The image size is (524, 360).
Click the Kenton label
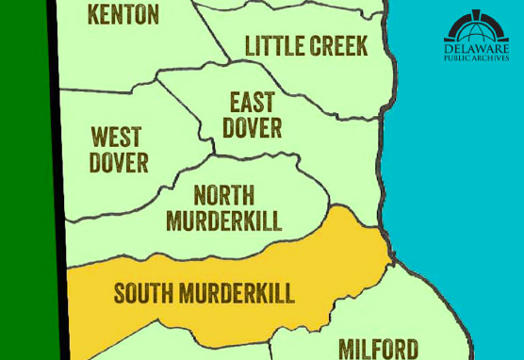point(123,15)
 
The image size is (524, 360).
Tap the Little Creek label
point(306,45)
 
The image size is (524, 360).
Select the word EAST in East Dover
point(253,103)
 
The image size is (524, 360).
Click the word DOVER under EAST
point(253,127)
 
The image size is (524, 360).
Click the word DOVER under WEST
point(119,163)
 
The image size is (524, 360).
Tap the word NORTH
point(223,196)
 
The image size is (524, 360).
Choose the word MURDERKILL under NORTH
point(224,221)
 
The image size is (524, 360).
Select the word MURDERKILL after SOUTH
point(240,293)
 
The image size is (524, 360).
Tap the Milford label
point(377,349)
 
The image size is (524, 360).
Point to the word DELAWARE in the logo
point(476,48)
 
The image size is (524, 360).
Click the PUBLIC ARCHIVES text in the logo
point(476,58)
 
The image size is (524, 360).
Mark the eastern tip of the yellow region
point(388,253)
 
